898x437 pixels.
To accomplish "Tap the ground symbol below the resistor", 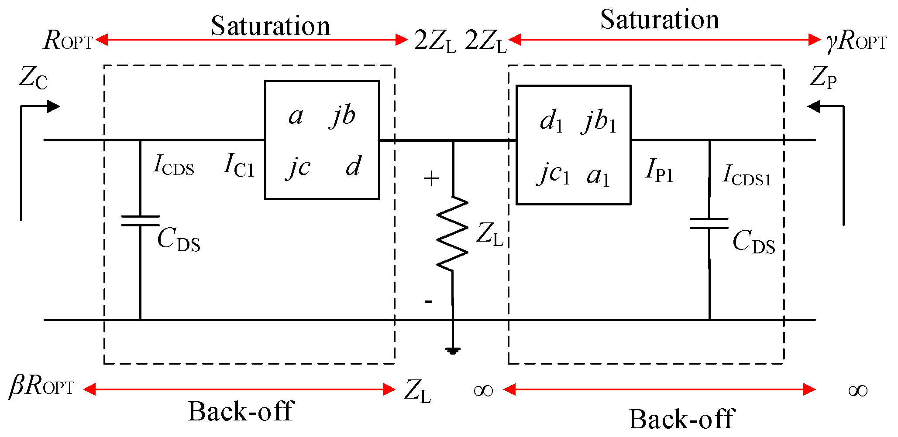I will (453, 350).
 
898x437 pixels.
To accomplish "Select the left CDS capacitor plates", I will (140, 221).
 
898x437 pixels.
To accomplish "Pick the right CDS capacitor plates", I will (709, 223).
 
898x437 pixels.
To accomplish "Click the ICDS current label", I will (174, 166).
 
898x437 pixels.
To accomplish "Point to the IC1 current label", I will (238, 166).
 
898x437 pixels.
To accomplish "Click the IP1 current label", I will (659, 170).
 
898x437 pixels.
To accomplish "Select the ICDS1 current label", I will (747, 175).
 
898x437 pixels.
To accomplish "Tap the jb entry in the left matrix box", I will (343, 116).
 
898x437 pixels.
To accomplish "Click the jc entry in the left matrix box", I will (299, 167).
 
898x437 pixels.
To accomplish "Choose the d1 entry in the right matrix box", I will (551, 121).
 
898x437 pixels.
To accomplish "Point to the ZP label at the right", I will (823, 78).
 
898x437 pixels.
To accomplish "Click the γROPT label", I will (857, 41).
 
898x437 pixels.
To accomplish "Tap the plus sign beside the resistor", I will (431, 179).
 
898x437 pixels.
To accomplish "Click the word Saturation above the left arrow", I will (271, 26).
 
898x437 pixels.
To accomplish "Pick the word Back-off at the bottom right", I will (682, 419).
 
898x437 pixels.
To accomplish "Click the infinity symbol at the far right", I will (857, 391).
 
